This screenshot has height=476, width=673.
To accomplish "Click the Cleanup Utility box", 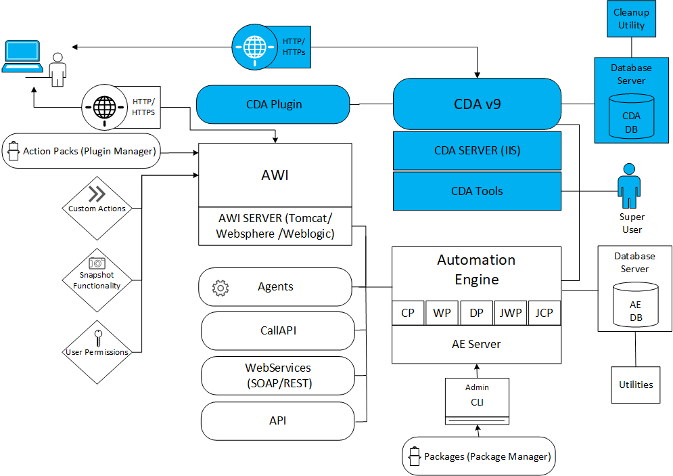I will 631,19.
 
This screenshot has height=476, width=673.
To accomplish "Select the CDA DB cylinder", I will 631,116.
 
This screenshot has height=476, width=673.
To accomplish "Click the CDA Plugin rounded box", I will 273,104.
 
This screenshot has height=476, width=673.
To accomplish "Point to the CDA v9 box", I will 477,104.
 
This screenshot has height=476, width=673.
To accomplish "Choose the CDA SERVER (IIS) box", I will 477,150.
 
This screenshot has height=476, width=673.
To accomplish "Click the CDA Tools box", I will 477,191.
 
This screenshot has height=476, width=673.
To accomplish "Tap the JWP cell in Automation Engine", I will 511,313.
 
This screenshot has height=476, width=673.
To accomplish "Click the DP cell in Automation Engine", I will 477,313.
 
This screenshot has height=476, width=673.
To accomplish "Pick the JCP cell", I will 544,313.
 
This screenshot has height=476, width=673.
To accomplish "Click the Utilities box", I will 636,385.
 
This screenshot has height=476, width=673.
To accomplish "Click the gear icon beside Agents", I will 220,287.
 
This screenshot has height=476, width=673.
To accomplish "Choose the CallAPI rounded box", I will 278,331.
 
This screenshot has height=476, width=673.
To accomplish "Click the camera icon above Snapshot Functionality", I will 97,263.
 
